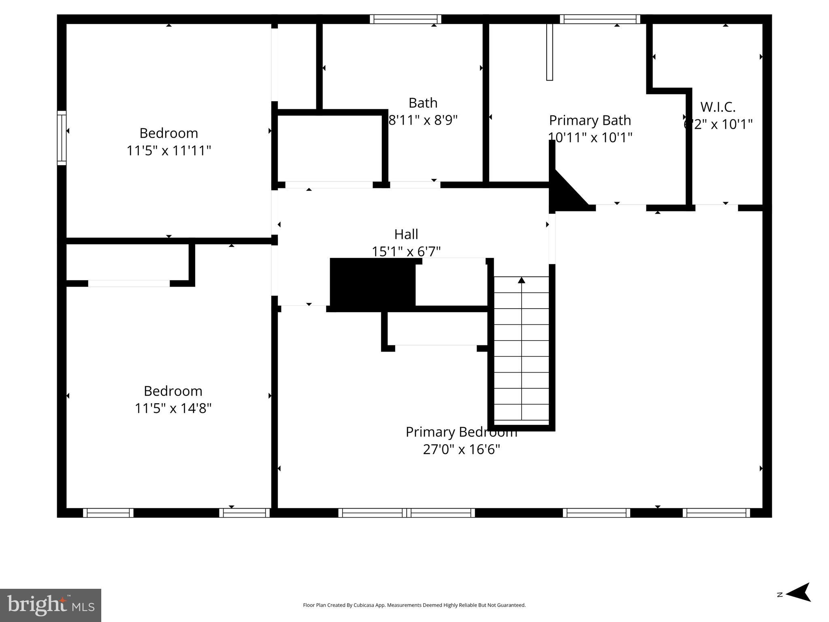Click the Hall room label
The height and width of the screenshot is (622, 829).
click(406, 234)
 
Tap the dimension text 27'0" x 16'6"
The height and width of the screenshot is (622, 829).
click(461, 449)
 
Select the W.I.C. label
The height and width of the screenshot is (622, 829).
click(718, 107)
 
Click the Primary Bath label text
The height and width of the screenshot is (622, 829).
click(590, 120)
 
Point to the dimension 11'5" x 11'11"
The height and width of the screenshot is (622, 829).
click(169, 151)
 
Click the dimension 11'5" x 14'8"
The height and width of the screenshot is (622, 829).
click(173, 408)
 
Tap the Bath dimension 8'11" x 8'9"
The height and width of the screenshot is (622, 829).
click(423, 120)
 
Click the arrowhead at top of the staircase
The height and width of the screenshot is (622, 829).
click(521, 280)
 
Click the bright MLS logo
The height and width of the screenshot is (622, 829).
click(51, 605)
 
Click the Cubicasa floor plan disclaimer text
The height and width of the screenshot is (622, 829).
click(414, 605)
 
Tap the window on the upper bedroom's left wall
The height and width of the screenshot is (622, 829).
click(62, 138)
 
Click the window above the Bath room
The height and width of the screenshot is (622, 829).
click(405, 19)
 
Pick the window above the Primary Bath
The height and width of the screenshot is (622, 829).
click(600, 19)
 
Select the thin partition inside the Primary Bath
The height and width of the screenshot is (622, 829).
click(549, 52)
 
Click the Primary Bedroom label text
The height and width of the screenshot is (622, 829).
click(461, 432)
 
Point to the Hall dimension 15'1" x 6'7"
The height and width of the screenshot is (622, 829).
click(406, 251)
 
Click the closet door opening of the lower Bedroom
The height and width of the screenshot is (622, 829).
click(129, 283)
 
